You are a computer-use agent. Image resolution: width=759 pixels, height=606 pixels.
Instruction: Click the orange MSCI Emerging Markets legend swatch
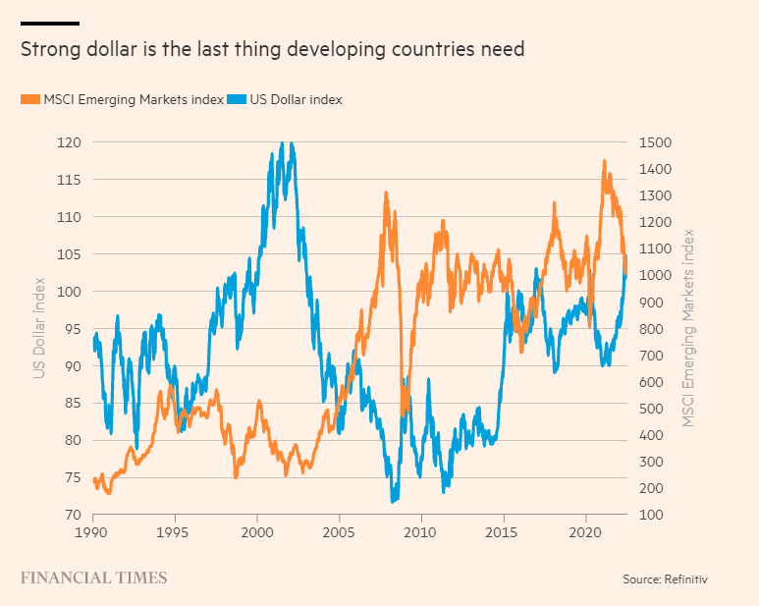(x=30, y=99)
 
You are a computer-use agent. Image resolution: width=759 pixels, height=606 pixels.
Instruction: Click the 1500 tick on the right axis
(x=654, y=142)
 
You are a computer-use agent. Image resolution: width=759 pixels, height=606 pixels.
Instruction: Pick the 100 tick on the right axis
(x=650, y=515)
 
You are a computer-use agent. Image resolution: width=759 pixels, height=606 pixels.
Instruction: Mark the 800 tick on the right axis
(x=650, y=328)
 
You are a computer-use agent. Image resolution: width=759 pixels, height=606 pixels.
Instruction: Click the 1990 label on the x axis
(x=93, y=530)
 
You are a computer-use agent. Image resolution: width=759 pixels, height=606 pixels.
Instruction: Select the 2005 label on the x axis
(x=339, y=530)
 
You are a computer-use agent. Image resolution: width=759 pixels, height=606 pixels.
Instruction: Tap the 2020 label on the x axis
(x=585, y=530)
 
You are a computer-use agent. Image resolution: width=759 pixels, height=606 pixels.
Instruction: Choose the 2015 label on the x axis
(x=503, y=530)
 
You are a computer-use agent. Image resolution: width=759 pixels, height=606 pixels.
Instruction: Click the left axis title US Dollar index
(x=39, y=327)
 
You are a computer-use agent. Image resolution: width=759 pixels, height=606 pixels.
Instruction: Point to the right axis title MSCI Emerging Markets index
(x=690, y=327)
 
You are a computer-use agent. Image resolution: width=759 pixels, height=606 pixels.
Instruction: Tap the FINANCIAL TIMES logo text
(x=93, y=578)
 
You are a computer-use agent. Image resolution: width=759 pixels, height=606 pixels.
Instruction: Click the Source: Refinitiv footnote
(x=665, y=579)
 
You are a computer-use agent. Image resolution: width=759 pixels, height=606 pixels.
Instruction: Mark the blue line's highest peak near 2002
(x=282, y=143)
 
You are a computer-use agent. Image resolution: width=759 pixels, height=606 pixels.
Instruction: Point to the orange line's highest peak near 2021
(x=604, y=161)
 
